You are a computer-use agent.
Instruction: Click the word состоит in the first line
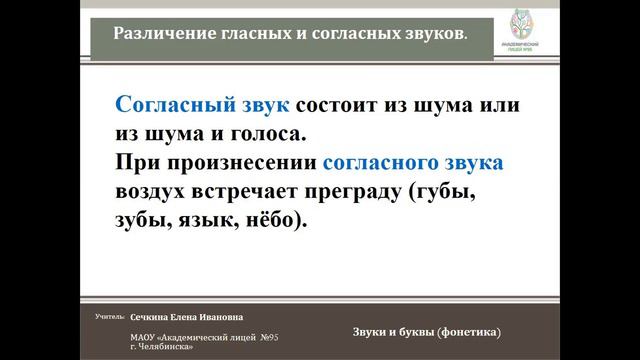tap(337, 104)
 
